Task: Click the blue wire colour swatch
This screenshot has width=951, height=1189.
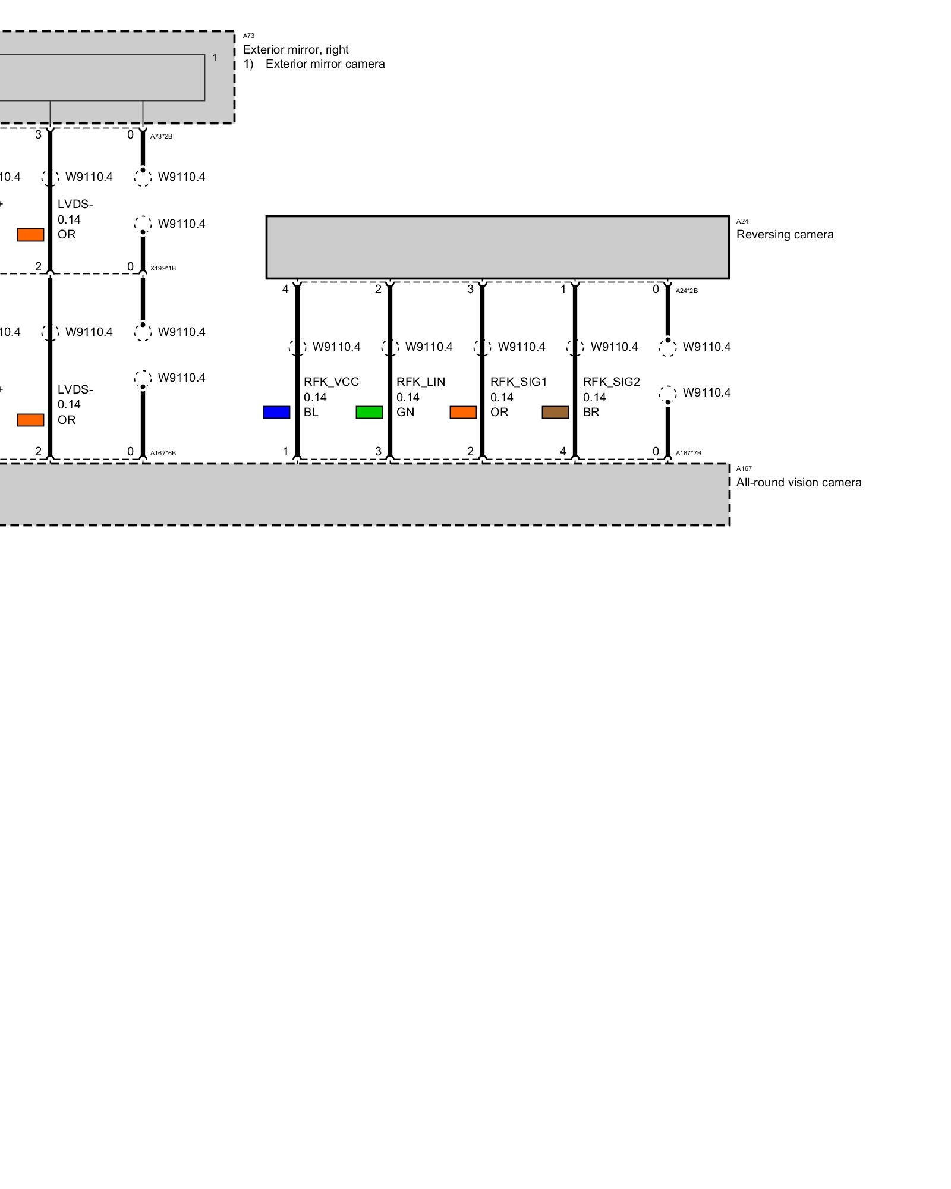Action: click(x=276, y=412)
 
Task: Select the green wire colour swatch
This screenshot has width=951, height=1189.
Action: click(x=369, y=412)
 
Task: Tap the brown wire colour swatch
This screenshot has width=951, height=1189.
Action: click(x=555, y=412)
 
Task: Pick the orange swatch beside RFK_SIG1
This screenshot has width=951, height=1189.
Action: click(x=463, y=412)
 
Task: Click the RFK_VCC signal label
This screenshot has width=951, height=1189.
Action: click(x=331, y=382)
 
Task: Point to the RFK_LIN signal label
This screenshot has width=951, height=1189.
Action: click(x=421, y=382)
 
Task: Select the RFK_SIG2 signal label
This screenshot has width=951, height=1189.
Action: click(x=611, y=382)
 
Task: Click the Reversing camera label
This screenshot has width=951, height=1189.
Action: click(x=785, y=234)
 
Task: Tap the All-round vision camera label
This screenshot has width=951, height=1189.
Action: click(x=799, y=482)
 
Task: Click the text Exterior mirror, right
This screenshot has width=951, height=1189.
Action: click(x=295, y=49)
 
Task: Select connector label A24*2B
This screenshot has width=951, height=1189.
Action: click(x=687, y=291)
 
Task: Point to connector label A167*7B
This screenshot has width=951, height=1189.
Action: click(x=688, y=453)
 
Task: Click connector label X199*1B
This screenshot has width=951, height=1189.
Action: click(x=163, y=268)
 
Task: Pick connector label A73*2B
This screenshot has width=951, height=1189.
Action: click(x=161, y=136)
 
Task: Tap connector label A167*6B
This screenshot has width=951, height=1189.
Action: click(x=163, y=453)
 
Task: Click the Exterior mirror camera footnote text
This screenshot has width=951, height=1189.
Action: click(x=325, y=64)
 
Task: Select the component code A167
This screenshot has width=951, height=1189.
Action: click(x=744, y=468)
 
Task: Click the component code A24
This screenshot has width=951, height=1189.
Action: click(x=742, y=221)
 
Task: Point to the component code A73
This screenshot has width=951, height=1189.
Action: click(x=248, y=36)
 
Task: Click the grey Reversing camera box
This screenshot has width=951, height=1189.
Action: click(x=497, y=247)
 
